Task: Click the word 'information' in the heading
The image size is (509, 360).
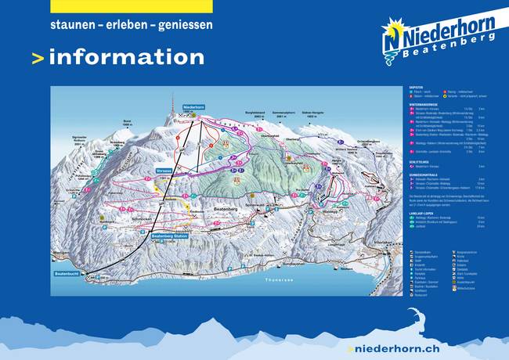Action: click(x=126, y=57)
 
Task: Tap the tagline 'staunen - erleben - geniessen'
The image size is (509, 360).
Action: click(x=131, y=25)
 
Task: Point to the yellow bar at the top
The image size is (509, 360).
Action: click(x=131, y=5)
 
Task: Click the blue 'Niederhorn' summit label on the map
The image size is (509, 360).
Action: click(x=193, y=106)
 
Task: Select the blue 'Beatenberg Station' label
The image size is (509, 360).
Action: click(x=171, y=236)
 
